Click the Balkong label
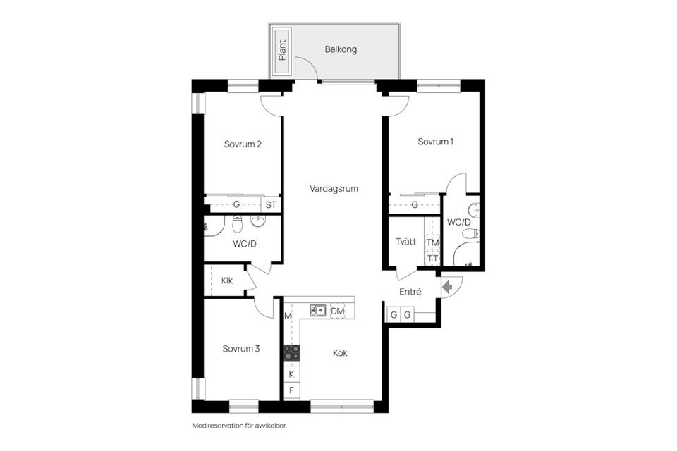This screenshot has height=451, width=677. (341, 50)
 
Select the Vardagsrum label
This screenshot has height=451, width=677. (334, 189)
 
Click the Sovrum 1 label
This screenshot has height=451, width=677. (435, 142)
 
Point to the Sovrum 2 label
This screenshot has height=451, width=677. (243, 144)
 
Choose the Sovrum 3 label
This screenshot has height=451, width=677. (241, 349)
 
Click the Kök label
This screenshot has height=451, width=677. (340, 353)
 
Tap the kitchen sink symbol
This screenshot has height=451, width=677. (319, 311)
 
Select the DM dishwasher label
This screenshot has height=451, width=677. (338, 311)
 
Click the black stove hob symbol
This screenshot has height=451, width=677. (292, 352)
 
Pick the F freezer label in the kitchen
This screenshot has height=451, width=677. (291, 390)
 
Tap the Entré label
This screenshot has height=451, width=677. (410, 292)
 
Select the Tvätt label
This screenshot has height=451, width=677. (405, 242)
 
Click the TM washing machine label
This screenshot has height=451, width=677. (432, 242)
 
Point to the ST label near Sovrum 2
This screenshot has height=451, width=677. (271, 204)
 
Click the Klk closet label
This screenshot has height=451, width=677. (227, 280)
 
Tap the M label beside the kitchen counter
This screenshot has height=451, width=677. (288, 316)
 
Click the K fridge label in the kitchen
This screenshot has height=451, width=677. (291, 374)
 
